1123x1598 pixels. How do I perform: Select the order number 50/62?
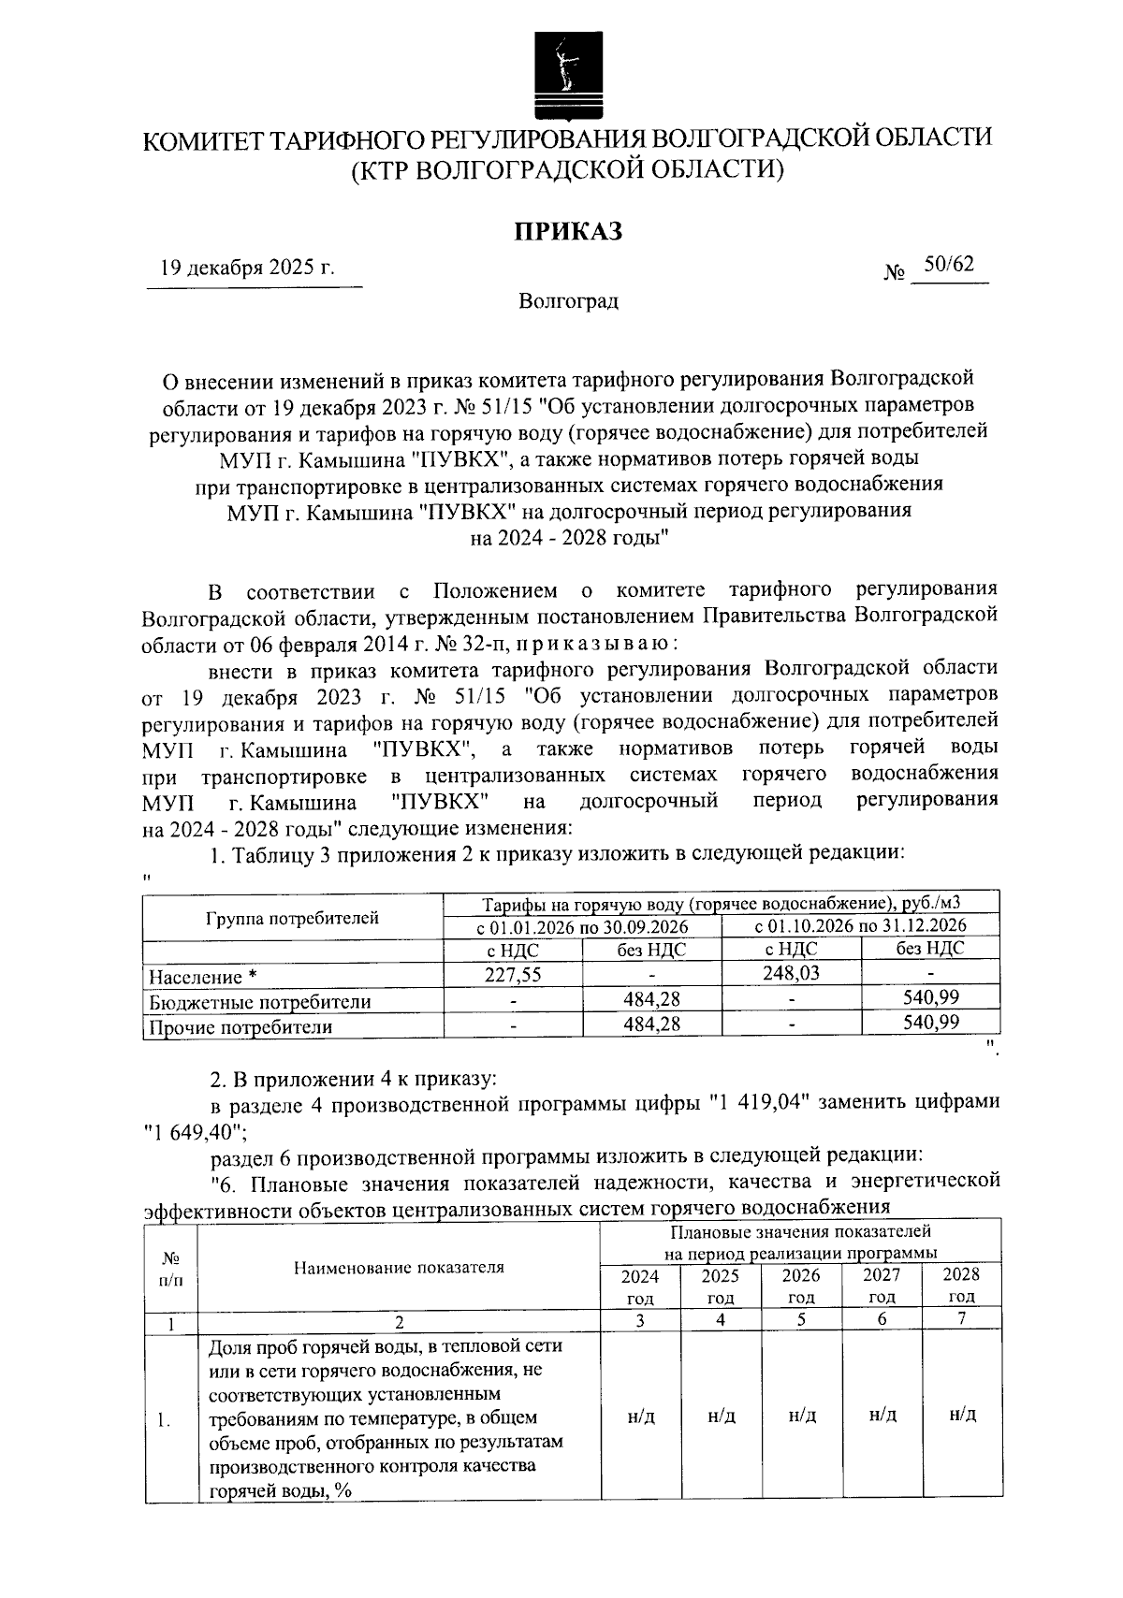point(948,265)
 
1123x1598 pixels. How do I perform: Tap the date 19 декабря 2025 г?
point(247,269)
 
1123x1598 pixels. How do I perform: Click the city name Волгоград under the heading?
point(568,302)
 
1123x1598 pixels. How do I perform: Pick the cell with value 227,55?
point(512,974)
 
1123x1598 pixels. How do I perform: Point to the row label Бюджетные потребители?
point(260,1002)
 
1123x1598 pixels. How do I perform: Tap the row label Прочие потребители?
point(241,1027)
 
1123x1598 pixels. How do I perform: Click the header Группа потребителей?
point(292,918)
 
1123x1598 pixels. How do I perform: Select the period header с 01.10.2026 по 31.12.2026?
point(860,925)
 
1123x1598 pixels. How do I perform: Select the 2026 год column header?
point(801,1286)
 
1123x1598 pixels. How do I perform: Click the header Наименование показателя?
point(399,1268)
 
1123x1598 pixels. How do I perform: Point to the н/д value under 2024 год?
point(640,1416)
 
